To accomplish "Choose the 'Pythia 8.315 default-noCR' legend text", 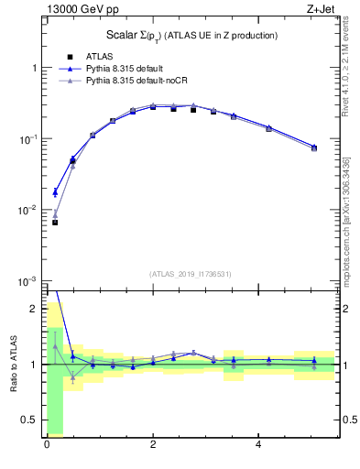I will (x=142, y=81).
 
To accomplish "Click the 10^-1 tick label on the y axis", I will (x=30, y=139).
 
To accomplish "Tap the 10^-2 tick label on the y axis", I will (x=30, y=210).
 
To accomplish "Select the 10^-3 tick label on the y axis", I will (x=30, y=280).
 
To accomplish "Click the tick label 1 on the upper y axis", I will (x=35, y=69).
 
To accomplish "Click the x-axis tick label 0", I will (x=47, y=445).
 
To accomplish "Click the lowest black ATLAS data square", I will (x=55, y=223).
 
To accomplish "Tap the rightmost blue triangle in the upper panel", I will (x=314, y=147).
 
